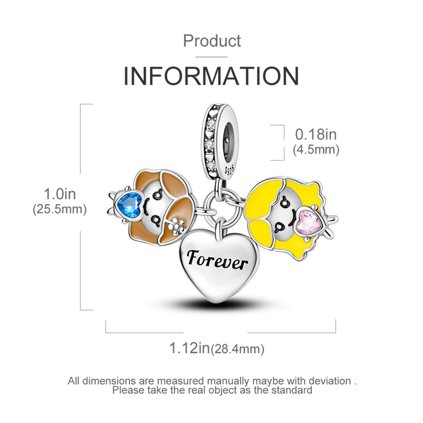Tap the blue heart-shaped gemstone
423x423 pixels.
click(128, 202)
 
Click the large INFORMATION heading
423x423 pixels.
click(212, 76)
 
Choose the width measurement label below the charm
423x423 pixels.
click(218, 348)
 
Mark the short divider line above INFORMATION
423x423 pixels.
click(212, 53)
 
